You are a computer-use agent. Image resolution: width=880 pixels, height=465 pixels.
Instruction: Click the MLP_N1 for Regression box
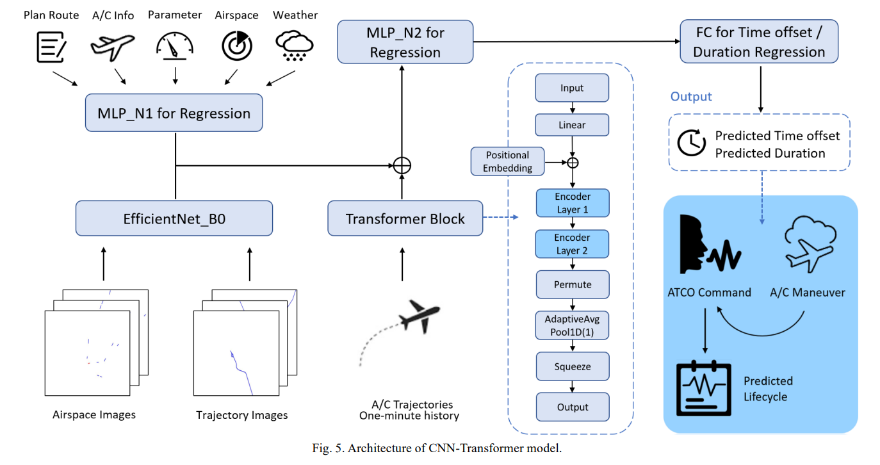click(x=174, y=113)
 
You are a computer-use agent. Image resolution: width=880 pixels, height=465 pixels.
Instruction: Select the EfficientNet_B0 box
click(x=174, y=219)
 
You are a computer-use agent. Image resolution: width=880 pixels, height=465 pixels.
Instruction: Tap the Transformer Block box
click(x=405, y=219)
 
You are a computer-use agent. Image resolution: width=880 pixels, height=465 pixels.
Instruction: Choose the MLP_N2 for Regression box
click(x=405, y=42)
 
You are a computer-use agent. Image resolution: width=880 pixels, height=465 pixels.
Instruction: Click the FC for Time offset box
click(x=759, y=42)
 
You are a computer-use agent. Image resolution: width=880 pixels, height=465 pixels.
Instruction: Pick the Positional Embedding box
click(x=507, y=161)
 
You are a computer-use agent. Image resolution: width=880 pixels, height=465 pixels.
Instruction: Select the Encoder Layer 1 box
click(x=572, y=203)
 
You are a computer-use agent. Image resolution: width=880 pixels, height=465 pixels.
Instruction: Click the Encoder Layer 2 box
click(x=572, y=244)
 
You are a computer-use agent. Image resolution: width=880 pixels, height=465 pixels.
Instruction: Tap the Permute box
click(x=572, y=284)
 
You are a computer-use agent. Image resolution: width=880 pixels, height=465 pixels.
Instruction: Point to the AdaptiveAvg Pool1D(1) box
click(x=572, y=325)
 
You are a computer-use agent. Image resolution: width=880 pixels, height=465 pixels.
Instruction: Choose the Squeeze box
click(x=572, y=367)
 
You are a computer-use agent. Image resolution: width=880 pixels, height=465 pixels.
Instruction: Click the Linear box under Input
click(x=572, y=125)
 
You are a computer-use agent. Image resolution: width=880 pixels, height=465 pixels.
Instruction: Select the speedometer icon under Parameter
click(x=174, y=45)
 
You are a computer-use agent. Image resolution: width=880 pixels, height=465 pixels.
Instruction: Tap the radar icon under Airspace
click(x=236, y=45)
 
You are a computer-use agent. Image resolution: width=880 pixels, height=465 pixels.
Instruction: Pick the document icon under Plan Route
click(x=51, y=45)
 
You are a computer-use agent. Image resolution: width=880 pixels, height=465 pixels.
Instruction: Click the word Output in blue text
click(x=691, y=97)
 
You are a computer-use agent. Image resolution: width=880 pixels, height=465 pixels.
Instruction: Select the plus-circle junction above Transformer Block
click(x=402, y=165)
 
